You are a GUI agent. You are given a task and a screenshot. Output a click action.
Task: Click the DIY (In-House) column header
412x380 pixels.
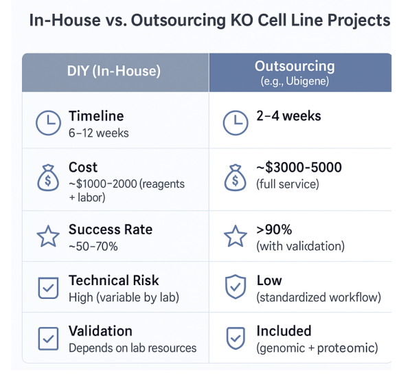(x=114, y=71)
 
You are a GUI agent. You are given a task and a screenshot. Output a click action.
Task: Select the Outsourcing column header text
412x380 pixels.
(x=295, y=66)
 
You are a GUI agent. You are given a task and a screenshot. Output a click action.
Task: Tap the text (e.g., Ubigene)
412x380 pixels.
(x=295, y=81)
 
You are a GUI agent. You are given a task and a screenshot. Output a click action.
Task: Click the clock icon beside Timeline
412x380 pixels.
(x=48, y=123)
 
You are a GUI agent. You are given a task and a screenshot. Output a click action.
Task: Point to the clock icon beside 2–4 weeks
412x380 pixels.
(x=236, y=123)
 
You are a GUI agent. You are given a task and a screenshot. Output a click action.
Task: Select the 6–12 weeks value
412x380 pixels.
(x=98, y=133)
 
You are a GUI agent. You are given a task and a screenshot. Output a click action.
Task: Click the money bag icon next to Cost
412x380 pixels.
(x=48, y=177)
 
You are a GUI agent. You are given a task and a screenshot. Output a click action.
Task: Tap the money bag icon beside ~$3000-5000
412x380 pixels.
(x=235, y=177)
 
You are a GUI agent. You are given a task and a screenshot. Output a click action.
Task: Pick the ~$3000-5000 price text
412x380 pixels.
(x=299, y=167)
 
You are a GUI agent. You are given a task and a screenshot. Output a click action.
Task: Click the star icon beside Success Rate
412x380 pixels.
(x=48, y=236)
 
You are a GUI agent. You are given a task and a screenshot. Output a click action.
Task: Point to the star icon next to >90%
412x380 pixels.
(x=236, y=236)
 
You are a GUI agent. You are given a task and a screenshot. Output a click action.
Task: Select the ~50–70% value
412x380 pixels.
(x=93, y=247)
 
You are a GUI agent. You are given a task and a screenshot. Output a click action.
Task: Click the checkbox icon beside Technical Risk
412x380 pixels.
(x=48, y=288)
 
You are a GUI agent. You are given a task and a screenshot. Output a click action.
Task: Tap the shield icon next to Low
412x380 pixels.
(x=236, y=287)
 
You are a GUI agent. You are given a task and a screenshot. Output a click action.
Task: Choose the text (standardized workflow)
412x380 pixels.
(x=319, y=298)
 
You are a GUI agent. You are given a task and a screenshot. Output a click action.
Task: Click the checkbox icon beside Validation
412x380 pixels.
(x=48, y=339)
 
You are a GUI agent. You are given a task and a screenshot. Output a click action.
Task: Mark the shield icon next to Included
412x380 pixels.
(x=236, y=338)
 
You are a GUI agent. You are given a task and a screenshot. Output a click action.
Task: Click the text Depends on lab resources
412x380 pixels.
(x=133, y=348)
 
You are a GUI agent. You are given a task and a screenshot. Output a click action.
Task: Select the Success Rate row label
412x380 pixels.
(x=111, y=230)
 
